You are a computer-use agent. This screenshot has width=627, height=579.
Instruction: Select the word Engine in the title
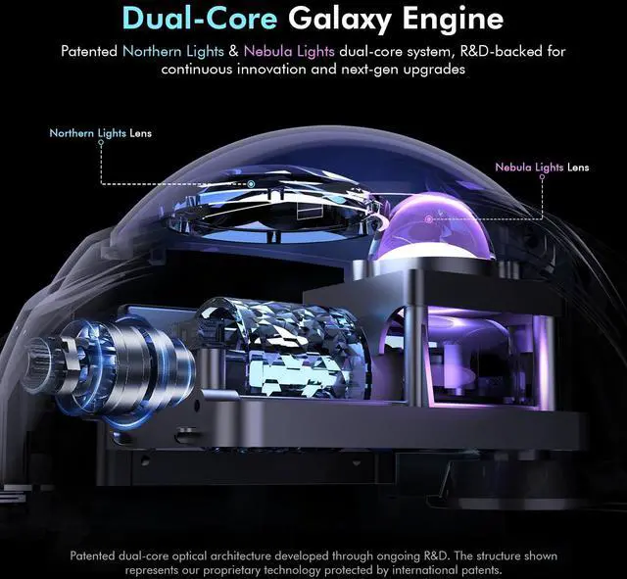(457, 18)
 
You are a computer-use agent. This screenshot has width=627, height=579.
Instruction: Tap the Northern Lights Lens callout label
(100, 132)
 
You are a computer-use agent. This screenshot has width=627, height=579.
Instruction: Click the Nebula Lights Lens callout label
(542, 168)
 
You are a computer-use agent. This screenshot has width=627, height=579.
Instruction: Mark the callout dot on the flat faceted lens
(252, 184)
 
